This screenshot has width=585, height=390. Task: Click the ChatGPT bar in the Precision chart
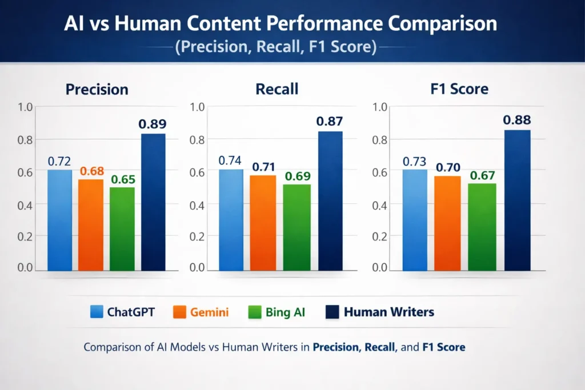[59, 220]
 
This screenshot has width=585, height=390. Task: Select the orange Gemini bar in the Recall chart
[263, 223]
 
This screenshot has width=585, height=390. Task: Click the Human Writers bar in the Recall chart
[330, 200]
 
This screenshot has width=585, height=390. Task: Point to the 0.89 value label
[153, 123]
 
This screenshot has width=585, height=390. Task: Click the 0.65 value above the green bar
[123, 179]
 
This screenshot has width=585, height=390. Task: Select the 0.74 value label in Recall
[231, 160]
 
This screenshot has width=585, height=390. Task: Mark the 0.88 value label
[516, 120]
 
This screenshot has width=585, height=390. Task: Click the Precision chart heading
[97, 90]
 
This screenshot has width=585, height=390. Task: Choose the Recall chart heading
[278, 89]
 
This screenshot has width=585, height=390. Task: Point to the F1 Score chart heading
[459, 89]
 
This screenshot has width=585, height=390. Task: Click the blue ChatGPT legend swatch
[97, 312]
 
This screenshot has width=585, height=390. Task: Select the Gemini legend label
[210, 312]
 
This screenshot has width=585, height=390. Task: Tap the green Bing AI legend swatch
[255, 312]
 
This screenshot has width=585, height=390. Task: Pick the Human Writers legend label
[388, 312]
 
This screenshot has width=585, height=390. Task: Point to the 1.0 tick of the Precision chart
[26, 107]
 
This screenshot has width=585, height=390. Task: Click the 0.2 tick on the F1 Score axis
[380, 235]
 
